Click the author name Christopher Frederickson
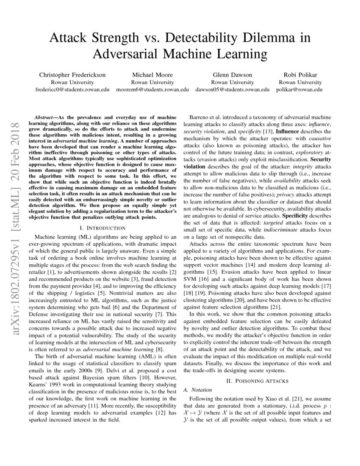(72, 75)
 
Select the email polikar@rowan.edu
(299, 89)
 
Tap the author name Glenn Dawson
(233, 75)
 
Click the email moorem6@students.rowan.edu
(152, 89)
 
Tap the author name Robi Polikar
(300, 75)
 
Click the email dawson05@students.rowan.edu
(233, 89)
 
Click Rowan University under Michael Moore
(152, 82)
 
